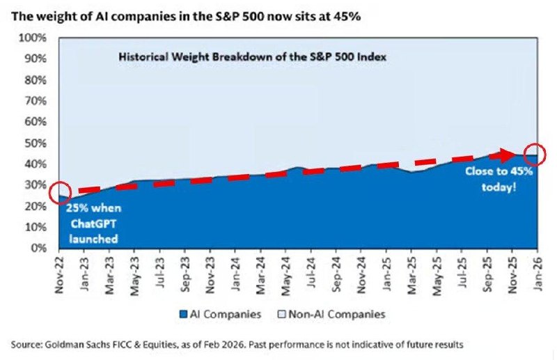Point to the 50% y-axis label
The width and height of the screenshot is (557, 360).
point(34,143)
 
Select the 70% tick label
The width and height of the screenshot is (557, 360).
point(34,101)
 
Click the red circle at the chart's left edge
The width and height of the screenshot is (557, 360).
point(59,192)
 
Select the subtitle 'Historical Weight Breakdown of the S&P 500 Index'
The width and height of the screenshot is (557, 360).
point(252,56)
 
